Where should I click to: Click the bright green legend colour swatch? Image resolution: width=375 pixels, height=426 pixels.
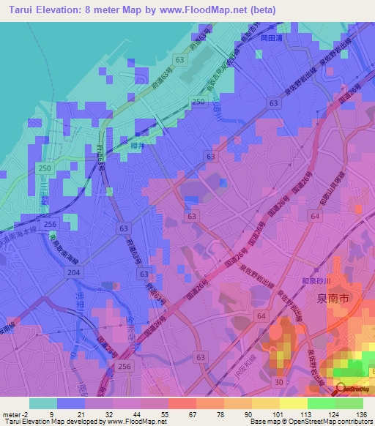321,403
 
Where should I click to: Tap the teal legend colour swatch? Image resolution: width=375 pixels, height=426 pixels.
43,403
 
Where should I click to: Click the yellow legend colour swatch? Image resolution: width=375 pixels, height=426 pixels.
265,403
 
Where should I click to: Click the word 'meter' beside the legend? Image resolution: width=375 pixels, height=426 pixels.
8,414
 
